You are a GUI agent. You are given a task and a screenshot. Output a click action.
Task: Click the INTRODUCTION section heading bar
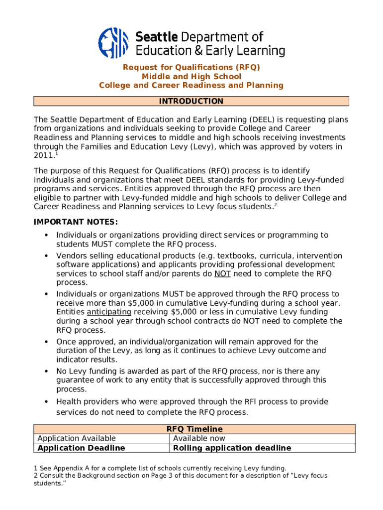pyautogui.click(x=191, y=102)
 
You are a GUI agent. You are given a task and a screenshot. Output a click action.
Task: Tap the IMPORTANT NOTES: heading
pyautogui.click(x=76, y=222)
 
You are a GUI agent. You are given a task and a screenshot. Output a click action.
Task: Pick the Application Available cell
pyautogui.click(x=77, y=438)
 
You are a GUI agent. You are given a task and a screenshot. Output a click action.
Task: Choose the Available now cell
pyautogui.click(x=199, y=438)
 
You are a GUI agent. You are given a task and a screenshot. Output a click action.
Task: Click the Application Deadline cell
pyautogui.click(x=81, y=448)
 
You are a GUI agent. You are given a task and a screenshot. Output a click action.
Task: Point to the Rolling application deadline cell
pyautogui.click(x=232, y=448)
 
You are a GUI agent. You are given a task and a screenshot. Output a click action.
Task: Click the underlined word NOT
pyautogui.click(x=222, y=274)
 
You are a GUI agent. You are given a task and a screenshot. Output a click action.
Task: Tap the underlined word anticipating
pyautogui.click(x=109, y=312)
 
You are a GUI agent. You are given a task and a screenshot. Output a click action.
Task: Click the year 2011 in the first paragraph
pyautogui.click(x=42, y=156)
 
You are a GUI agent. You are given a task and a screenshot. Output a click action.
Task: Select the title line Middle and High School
pyautogui.click(x=191, y=76)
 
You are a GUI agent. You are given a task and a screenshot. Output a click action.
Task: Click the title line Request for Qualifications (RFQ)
pyautogui.click(x=191, y=67)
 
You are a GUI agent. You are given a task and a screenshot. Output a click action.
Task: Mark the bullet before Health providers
pyautogui.click(x=46, y=402)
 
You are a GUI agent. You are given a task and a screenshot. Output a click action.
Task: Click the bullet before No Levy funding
pyautogui.click(x=46, y=372)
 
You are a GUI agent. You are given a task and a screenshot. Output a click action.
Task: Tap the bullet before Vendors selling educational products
pyautogui.click(x=46, y=256)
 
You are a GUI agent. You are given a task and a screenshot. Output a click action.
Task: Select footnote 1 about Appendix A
pyautogui.click(x=160, y=468)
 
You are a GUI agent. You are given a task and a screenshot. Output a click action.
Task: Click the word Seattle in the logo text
pyautogui.click(x=157, y=37)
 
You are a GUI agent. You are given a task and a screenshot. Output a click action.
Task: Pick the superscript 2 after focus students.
pyautogui.click(x=275, y=205)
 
